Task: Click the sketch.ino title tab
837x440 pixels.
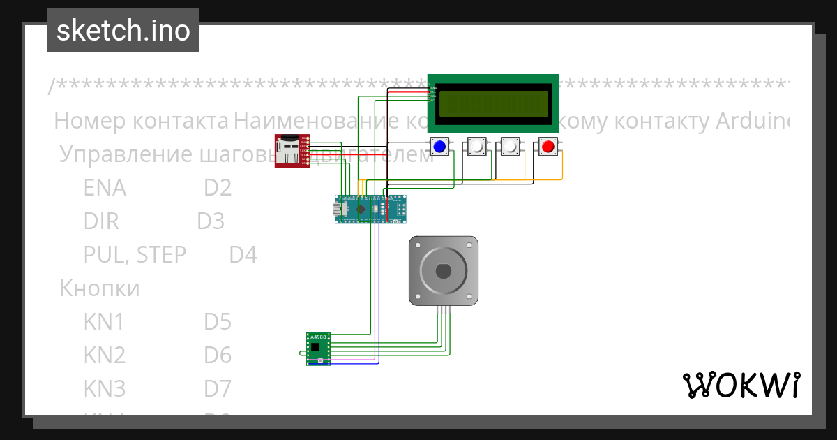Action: pyautogui.click(x=123, y=31)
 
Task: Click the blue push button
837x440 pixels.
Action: pyautogui.click(x=439, y=147)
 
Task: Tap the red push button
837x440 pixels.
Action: pyautogui.click(x=548, y=147)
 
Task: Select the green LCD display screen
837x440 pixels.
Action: pyautogui.click(x=492, y=103)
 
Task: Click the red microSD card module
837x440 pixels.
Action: pyautogui.click(x=292, y=151)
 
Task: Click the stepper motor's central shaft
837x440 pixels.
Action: pyautogui.click(x=443, y=270)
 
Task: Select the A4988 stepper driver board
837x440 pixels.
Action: pyautogui.click(x=318, y=348)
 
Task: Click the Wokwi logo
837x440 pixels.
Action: pyautogui.click(x=740, y=385)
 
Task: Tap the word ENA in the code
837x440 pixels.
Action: pyautogui.click(x=105, y=188)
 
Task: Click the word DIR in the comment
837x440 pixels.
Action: pyautogui.click(x=101, y=221)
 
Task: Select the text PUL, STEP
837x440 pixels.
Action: pyautogui.click(x=135, y=255)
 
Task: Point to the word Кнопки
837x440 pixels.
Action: pyautogui.click(x=100, y=288)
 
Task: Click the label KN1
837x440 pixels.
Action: pyautogui.click(x=104, y=322)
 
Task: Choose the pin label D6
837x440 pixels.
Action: pyautogui.click(x=218, y=355)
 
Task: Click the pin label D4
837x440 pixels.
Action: pyautogui.click(x=243, y=255)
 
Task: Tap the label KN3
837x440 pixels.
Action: pyautogui.click(x=105, y=388)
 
